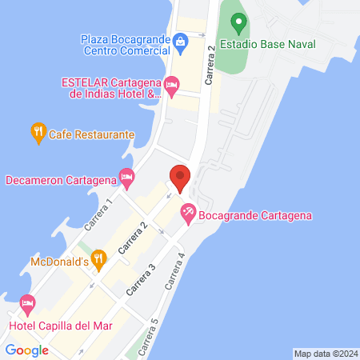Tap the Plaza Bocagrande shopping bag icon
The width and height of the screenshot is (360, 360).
click(x=182, y=40)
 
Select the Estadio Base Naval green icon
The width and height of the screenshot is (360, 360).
click(x=236, y=20)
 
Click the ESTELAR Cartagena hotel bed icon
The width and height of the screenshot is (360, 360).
click(x=171, y=84)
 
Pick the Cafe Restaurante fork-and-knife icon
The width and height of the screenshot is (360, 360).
click(x=37, y=133)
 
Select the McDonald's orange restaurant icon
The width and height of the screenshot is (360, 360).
click(x=98, y=258)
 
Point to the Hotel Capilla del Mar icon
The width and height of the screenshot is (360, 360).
click(x=28, y=305)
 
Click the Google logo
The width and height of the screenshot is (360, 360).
click(x=26, y=350)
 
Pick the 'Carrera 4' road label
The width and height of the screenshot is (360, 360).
click(x=175, y=271)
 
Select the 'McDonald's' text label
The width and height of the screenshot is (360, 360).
click(x=58, y=262)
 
